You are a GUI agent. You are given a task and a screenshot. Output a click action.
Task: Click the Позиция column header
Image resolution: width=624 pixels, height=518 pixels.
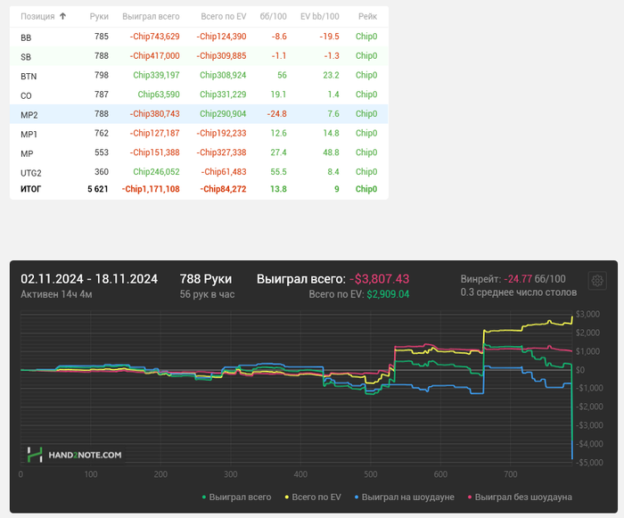[37, 16]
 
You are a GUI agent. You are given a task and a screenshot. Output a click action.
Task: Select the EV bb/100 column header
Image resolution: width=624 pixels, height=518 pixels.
[319, 16]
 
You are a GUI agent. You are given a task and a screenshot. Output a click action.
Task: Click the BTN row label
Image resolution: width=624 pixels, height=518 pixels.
[29, 76]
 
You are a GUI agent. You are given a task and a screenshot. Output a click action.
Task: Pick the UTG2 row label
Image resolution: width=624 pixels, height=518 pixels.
[31, 172]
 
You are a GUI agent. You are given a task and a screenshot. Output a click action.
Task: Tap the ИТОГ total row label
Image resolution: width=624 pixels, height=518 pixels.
[31, 189]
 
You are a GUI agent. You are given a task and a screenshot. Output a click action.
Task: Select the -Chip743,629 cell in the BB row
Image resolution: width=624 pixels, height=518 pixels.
[154, 37]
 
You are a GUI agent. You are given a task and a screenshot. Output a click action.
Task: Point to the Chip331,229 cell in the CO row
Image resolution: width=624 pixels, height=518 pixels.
[223, 95]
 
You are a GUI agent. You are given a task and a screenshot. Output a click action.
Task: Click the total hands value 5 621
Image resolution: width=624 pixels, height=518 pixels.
[97, 189]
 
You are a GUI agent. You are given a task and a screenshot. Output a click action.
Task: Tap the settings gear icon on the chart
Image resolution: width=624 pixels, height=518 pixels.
[596, 281]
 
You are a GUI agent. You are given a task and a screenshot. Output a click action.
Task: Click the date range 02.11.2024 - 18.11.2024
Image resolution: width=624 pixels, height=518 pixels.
[89, 279]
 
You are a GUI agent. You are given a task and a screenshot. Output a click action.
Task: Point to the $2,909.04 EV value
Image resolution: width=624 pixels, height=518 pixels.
[388, 294]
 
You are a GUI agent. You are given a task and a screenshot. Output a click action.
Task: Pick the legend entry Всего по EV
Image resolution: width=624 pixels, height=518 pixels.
[313, 497]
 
